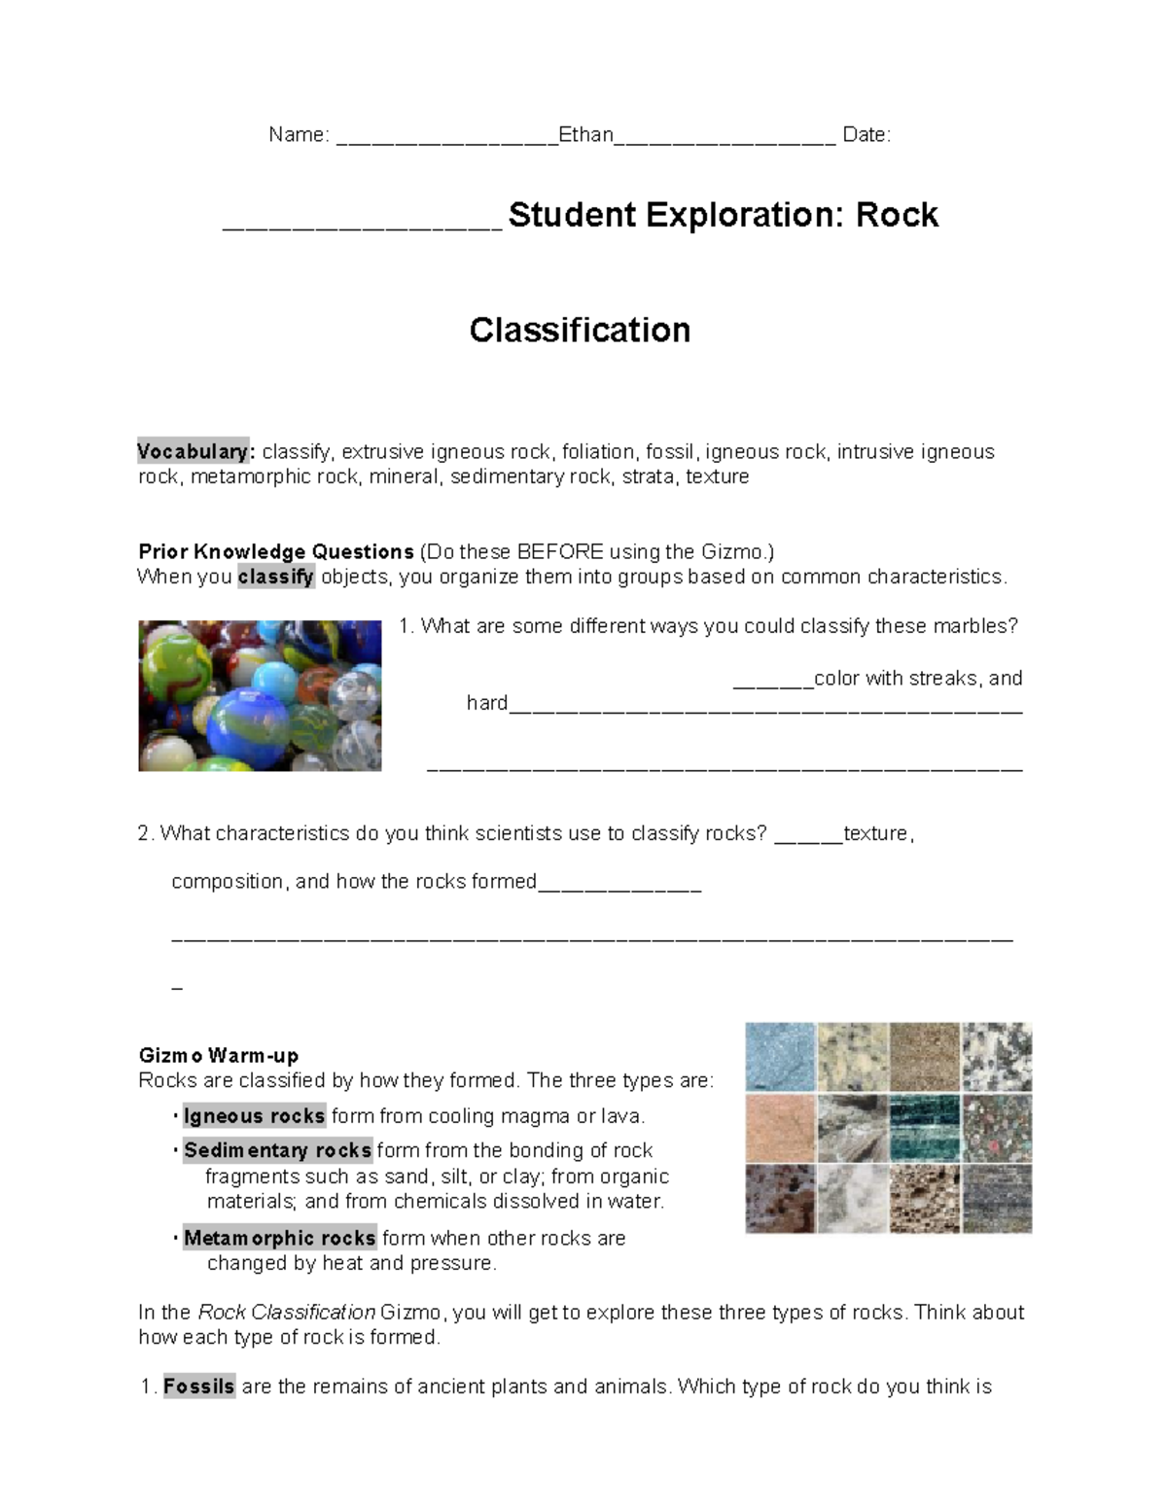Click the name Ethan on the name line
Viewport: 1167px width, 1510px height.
pyautogui.click(x=585, y=135)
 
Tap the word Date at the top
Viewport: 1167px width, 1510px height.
pyautogui.click(x=865, y=135)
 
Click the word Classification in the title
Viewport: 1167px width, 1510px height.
pyautogui.click(x=580, y=331)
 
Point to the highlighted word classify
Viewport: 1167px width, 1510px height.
pyautogui.click(x=276, y=578)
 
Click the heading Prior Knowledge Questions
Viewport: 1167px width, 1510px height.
pyautogui.click(x=276, y=552)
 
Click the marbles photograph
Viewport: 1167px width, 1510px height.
pyautogui.click(x=260, y=696)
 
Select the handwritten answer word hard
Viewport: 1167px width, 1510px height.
pyautogui.click(x=487, y=703)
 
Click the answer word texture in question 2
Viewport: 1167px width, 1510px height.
pyautogui.click(x=875, y=834)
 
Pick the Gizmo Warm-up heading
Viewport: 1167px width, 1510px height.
pyautogui.click(x=219, y=1056)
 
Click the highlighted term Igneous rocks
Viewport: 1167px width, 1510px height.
pyautogui.click(x=254, y=1116)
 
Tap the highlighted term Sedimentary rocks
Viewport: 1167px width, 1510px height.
pyautogui.click(x=277, y=1151)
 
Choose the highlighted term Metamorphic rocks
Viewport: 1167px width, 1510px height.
pyautogui.click(x=279, y=1239)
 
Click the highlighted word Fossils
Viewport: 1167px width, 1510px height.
pyautogui.click(x=198, y=1387)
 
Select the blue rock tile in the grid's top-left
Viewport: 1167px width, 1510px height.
pyautogui.click(x=781, y=1057)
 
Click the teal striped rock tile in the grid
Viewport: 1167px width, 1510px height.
pyautogui.click(x=925, y=1128)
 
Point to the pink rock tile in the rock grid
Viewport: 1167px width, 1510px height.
pyautogui.click(x=781, y=1128)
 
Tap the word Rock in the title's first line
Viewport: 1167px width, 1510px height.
pyautogui.click(x=897, y=215)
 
